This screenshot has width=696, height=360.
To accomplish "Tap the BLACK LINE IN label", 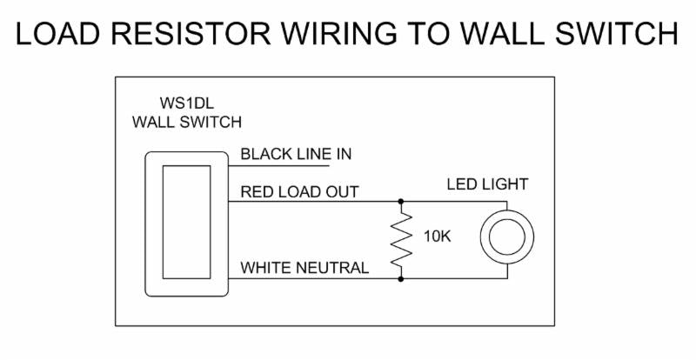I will coord(296,155).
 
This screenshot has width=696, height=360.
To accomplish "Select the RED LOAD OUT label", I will coord(299,192).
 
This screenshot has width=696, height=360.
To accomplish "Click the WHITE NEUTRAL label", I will coord(304,268).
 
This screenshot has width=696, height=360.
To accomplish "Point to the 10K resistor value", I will coord(438,237).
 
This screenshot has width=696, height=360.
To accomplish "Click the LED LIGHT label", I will coord(487,184).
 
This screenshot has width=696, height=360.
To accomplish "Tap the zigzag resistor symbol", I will coord(401,239).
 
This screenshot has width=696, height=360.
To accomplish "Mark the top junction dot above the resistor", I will coord(401,202).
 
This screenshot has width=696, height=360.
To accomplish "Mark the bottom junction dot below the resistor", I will coord(401,279).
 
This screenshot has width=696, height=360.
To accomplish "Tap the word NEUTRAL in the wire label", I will coord(333,268).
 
